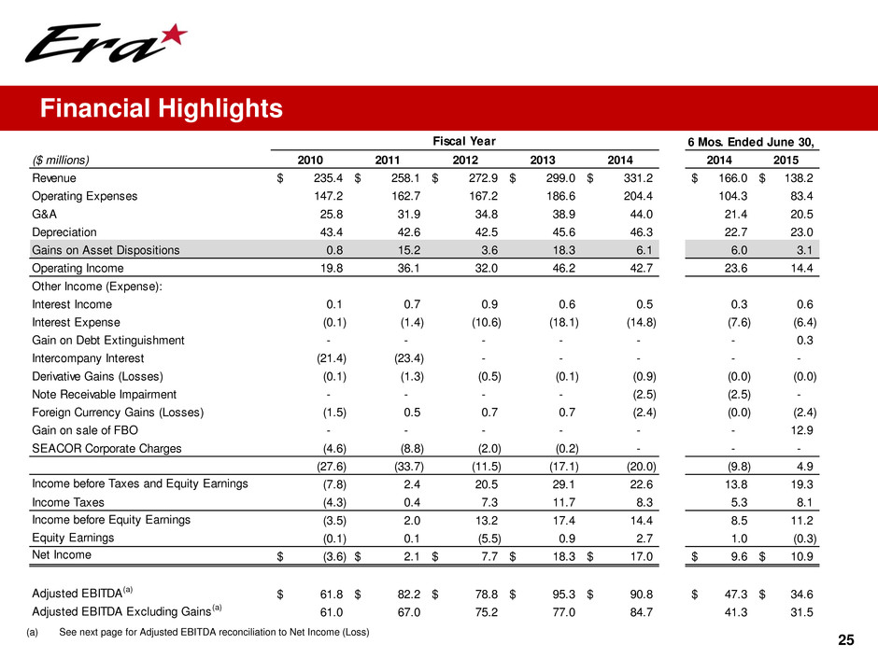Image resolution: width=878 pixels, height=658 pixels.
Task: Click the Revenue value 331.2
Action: click(634, 178)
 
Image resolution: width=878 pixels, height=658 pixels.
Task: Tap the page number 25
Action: click(846, 639)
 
